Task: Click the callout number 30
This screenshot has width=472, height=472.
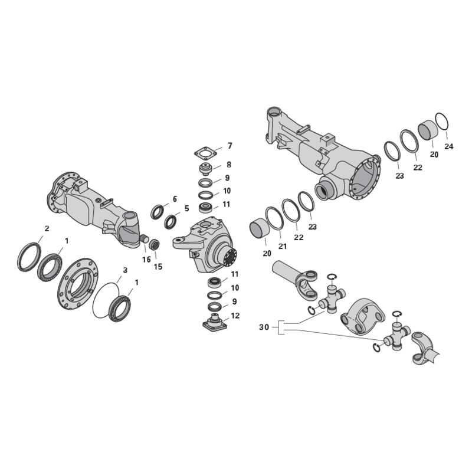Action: tap(264, 327)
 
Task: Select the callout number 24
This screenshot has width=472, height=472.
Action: tap(448, 146)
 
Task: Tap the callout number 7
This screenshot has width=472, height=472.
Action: tap(230, 146)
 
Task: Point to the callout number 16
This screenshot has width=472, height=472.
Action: tap(146, 260)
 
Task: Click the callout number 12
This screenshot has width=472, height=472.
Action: tap(235, 316)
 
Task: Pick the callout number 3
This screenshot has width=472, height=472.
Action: tap(125, 270)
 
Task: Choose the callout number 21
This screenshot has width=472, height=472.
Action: tap(283, 246)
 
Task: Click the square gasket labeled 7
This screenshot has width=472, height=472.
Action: tap(205, 153)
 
